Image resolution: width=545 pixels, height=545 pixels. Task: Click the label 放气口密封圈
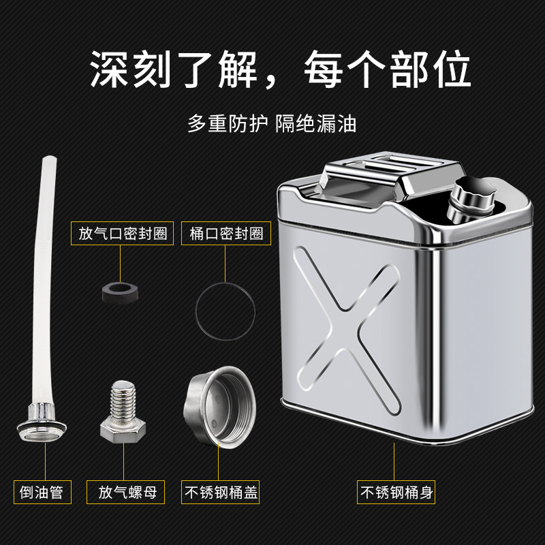tap(123, 233)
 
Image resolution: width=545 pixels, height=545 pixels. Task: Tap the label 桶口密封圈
tap(226, 233)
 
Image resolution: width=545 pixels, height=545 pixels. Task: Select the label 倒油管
tap(42, 492)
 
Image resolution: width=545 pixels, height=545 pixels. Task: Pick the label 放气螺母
tap(125, 492)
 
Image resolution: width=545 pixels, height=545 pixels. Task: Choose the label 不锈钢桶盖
tap(220, 492)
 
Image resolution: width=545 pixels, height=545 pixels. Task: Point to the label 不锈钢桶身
tap(396, 492)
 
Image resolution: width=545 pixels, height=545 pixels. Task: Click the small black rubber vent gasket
tap(121, 293)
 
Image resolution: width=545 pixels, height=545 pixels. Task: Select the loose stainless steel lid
tap(219, 407)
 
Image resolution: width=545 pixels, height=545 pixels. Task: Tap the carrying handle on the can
tap(393, 174)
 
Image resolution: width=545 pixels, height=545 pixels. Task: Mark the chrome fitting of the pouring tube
tap(42, 422)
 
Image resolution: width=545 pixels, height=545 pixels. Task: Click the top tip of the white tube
tap(49, 157)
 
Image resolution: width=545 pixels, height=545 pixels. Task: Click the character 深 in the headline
tap(109, 69)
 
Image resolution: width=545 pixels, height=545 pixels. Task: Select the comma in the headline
tap(270, 82)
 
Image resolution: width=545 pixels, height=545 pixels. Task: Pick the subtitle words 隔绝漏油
tap(316, 123)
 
